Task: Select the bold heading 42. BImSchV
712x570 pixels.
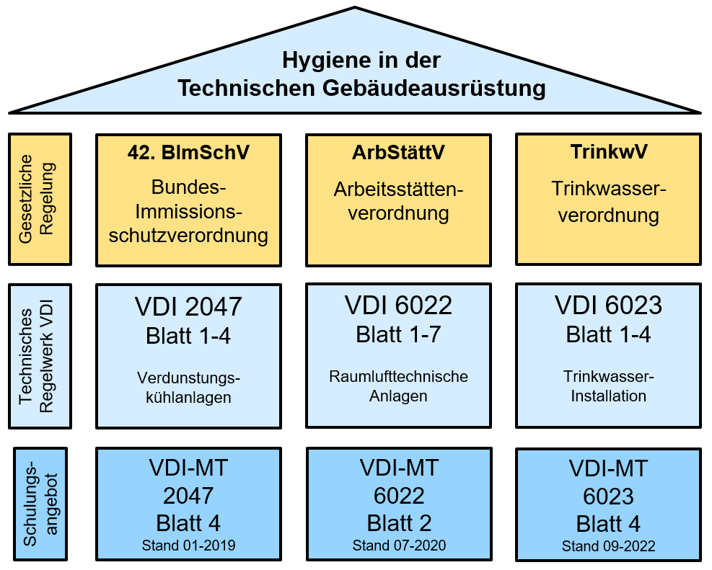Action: (188, 154)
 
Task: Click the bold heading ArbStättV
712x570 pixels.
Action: (398, 153)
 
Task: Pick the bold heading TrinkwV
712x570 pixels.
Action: (608, 153)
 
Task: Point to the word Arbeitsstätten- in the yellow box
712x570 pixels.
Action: (398, 190)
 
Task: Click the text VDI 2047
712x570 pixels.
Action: (188, 307)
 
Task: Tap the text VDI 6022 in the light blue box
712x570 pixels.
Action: (398, 306)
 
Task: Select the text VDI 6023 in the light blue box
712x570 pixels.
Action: (608, 306)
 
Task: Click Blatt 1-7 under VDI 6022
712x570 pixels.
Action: (398, 334)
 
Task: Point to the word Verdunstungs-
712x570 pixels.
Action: (188, 378)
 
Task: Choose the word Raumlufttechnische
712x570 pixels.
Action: (398, 377)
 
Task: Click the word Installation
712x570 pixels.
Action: (608, 396)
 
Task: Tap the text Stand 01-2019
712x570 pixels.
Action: (188, 545)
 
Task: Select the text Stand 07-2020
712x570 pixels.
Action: (398, 545)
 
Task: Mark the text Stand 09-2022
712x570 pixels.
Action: (608, 546)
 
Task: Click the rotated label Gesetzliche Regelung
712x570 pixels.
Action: (40, 198)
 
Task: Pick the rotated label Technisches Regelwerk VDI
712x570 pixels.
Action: (40, 356)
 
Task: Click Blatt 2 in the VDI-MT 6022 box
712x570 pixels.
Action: (398, 523)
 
